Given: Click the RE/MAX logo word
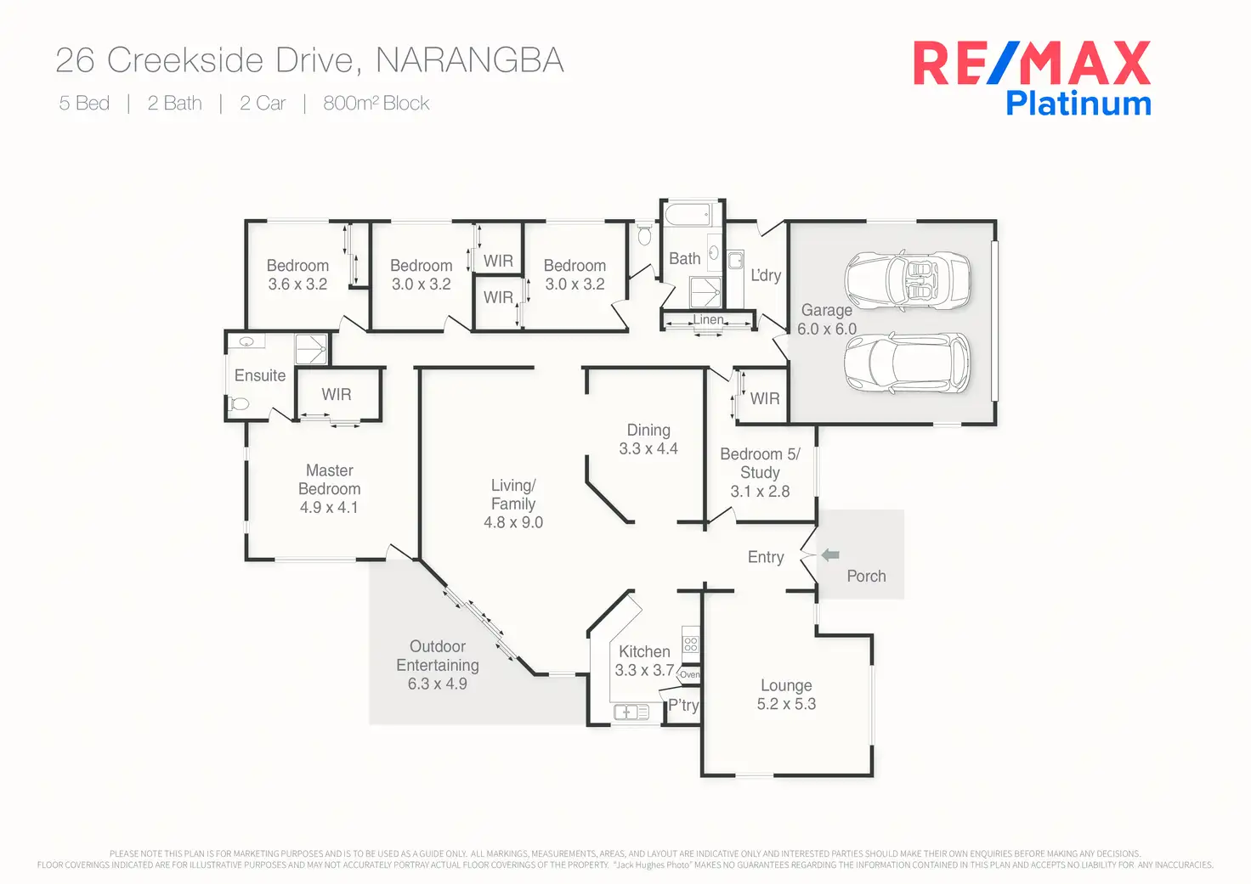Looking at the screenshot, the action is coord(1032,65).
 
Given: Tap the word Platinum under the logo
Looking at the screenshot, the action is coord(1078,104).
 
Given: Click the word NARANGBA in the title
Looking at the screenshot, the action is coord(469,60).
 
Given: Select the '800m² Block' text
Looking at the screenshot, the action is coord(376,104).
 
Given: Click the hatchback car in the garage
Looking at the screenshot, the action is coord(907,363).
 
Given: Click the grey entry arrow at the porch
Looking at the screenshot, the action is coord(830,555).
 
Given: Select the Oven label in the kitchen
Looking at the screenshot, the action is coord(690,675).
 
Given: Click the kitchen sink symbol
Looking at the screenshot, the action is coord(631,712).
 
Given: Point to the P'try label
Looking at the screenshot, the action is coord(683,705).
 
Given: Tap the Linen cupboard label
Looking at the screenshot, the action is coord(708,320).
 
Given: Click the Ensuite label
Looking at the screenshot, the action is coord(260,375).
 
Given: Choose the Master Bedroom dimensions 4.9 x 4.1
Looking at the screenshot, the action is coord(329,508).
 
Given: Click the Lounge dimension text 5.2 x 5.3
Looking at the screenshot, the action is coord(786,704).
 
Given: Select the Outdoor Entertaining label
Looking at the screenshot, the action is coord(438,656).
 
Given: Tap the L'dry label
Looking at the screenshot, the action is coord(765,275).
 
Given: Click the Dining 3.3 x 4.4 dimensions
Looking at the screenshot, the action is coord(648,449).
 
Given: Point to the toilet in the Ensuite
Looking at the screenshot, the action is coord(240,404).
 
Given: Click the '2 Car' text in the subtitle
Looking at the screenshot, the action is coord(263,104).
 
